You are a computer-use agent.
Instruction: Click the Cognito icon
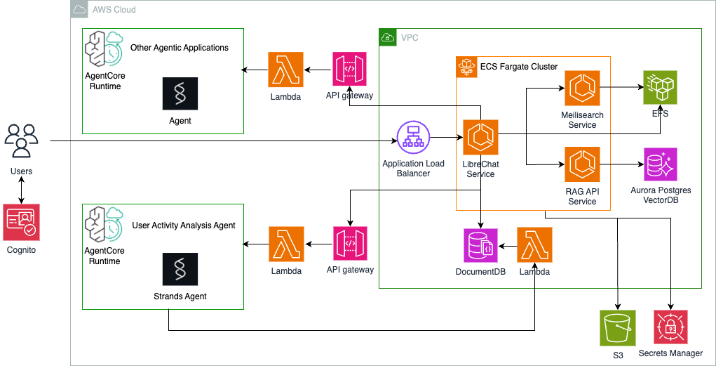pyautogui.click(x=22, y=222)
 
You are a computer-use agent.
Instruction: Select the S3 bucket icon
pyautogui.click(x=617, y=328)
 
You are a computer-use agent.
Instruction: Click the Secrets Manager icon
pyautogui.click(x=670, y=327)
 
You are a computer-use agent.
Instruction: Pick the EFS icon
pyautogui.click(x=661, y=88)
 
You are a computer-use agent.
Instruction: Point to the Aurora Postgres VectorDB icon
pyautogui.click(x=661, y=164)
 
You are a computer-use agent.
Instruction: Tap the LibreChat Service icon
pyautogui.click(x=480, y=137)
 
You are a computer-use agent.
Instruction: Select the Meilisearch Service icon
pyautogui.click(x=582, y=88)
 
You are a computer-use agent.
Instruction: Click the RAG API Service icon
pyautogui.click(x=582, y=164)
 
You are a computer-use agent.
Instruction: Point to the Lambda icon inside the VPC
pyautogui.click(x=534, y=244)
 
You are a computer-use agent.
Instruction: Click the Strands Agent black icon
pyautogui.click(x=180, y=268)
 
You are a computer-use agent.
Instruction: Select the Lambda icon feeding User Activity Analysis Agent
pyautogui.click(x=286, y=244)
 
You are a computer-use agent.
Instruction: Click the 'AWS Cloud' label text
pyautogui.click(x=113, y=10)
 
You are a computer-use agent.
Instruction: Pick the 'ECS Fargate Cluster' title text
pyautogui.click(x=518, y=67)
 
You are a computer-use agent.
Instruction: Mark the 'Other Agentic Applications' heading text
pyautogui.click(x=180, y=48)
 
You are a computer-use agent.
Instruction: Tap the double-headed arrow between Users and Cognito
pyautogui.click(x=22, y=189)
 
